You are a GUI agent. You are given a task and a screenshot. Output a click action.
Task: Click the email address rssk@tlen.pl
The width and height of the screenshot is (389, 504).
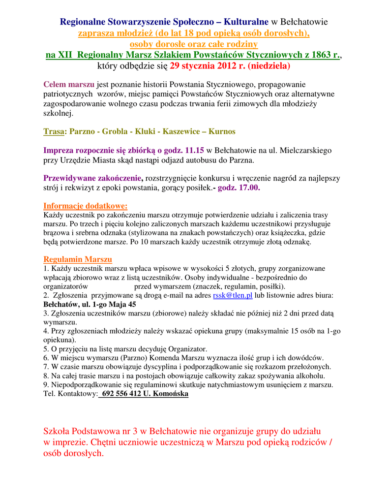[233, 295]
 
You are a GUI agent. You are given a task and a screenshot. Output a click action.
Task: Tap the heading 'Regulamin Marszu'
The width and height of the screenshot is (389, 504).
[78, 259]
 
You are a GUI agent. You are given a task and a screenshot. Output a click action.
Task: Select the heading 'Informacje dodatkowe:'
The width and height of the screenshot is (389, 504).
[86, 206]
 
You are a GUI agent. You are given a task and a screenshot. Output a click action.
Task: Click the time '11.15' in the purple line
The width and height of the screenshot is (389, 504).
[193, 150]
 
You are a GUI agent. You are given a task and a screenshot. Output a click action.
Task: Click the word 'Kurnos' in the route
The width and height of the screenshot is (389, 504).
[222, 131]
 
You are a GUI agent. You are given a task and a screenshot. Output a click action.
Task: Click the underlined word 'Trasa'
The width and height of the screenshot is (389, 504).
[54, 131]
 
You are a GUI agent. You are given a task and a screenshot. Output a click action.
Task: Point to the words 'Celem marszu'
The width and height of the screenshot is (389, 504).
[69, 84]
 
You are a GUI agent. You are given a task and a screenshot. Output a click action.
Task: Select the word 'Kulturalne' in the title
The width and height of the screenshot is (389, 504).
[246, 22]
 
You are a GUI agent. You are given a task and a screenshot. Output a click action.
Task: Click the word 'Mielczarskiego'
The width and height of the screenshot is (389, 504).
[304, 150]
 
